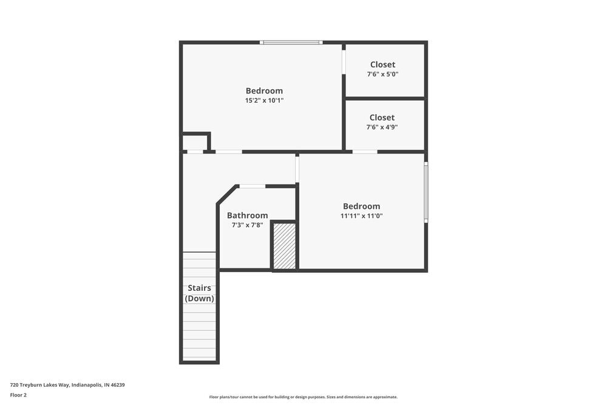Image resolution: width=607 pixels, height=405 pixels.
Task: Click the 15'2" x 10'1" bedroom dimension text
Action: pos(264,101)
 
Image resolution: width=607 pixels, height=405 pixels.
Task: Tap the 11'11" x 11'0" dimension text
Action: pos(361,216)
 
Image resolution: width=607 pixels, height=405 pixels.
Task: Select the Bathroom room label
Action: pos(247,216)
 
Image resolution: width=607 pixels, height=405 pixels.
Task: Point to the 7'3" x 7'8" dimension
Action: pos(247,225)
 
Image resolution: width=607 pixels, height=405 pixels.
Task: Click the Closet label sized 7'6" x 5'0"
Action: pos(382,64)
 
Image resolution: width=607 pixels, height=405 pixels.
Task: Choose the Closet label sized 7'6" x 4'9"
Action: pos(382,117)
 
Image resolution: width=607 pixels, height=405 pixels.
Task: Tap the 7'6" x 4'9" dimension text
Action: pos(382,128)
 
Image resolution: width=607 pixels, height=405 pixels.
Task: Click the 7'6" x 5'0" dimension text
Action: pos(382,74)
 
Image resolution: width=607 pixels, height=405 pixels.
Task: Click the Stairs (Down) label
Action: pos(199,293)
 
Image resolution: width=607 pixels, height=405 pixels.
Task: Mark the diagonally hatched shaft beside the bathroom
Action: pos(284,246)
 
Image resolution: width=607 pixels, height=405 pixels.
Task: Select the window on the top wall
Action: pos(291,43)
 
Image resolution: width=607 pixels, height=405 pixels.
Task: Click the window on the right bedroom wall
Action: pos(426,192)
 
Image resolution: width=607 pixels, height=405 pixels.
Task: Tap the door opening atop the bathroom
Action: pos(252,186)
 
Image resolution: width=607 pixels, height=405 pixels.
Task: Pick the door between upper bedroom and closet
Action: pos(344,62)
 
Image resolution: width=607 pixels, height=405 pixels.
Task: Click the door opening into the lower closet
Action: pos(364,151)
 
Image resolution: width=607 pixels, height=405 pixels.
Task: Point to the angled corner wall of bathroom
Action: pos(227,195)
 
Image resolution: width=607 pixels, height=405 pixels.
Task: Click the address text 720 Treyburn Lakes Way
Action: pos(67,385)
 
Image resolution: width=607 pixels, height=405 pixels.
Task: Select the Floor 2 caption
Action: pos(18,395)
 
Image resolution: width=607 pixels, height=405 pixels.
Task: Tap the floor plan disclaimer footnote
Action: pos(303,397)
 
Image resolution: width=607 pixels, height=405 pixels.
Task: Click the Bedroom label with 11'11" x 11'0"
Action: pos(361,206)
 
